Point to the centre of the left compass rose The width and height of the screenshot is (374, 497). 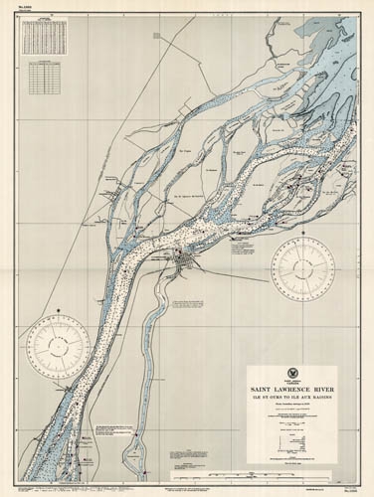[x=58, y=345]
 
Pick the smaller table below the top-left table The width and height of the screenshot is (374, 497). [x=42, y=75]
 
